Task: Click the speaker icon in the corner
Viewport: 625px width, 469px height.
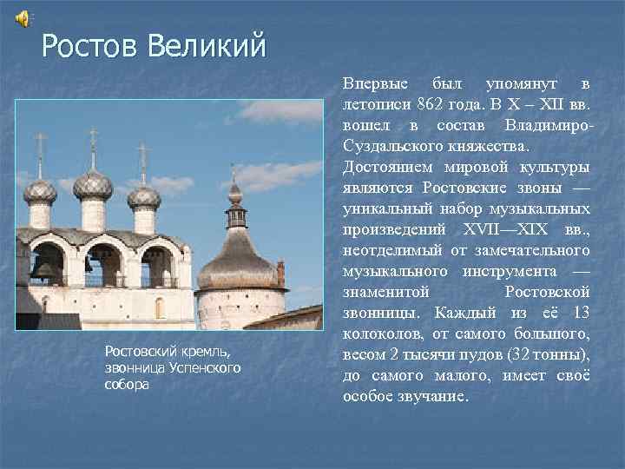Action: [x=23, y=17]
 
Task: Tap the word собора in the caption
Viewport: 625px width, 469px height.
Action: [x=126, y=384]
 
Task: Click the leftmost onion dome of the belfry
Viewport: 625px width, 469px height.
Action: [x=40, y=190]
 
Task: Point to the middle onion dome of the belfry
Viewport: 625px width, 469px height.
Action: [x=92, y=184]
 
